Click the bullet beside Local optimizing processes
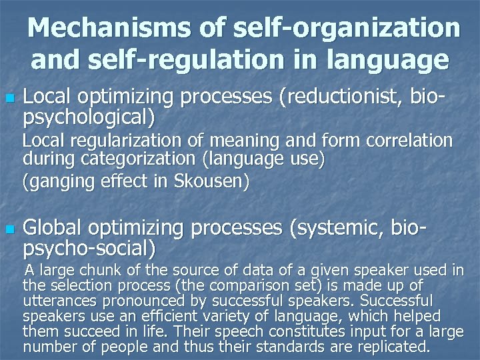pyautogui.click(x=9, y=98)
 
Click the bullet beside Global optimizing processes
pyautogui.click(x=9, y=229)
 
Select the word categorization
pyautogui.click(x=135, y=160)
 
